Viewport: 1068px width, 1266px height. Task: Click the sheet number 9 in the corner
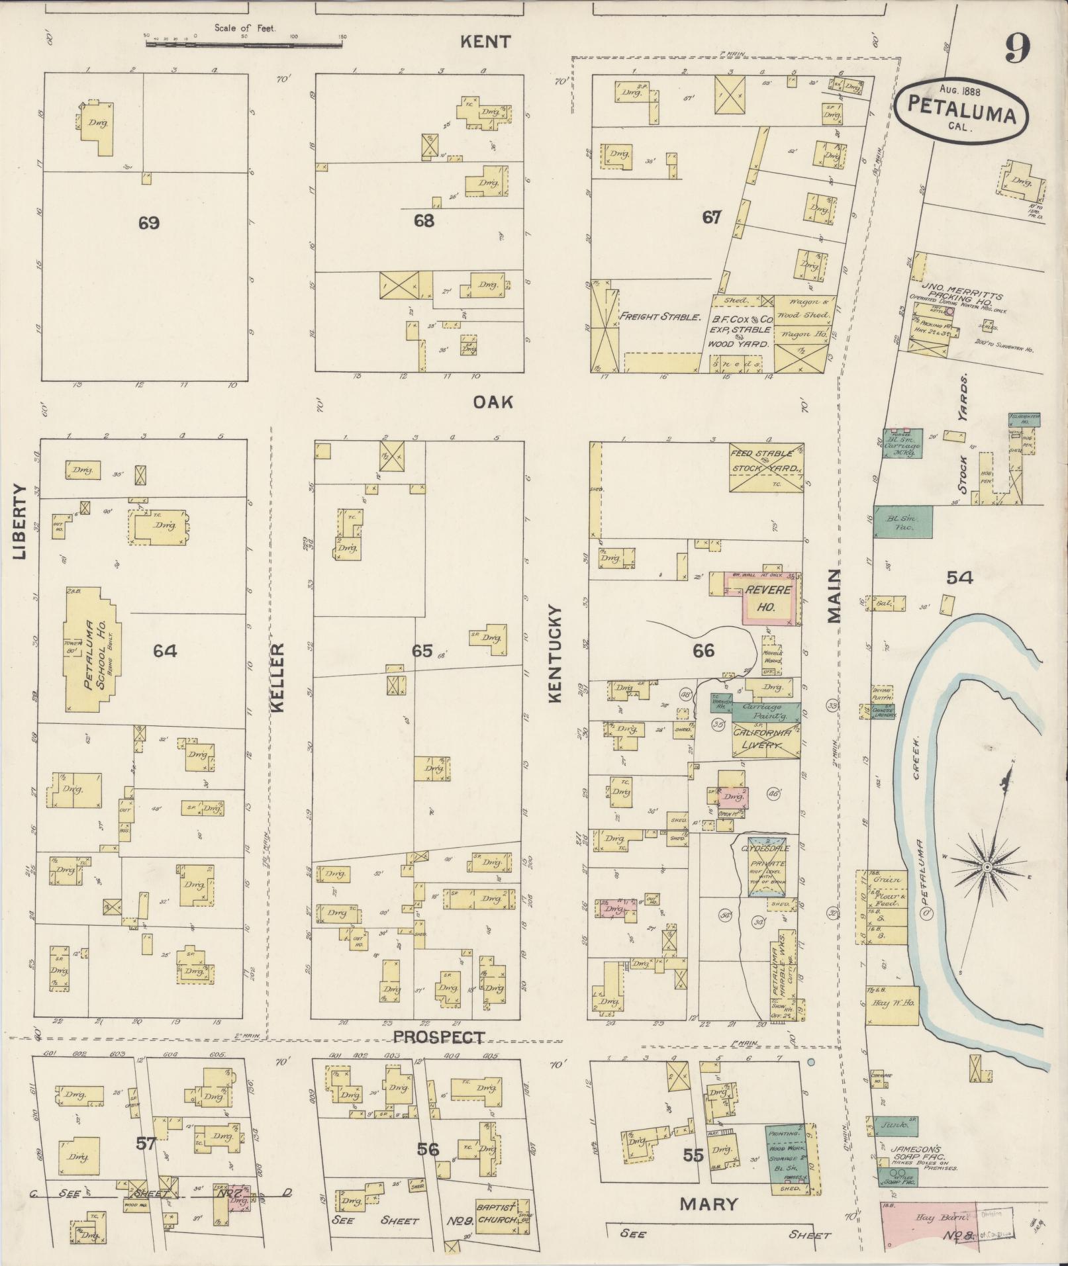pos(1017,48)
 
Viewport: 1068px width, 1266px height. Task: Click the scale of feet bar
pos(244,44)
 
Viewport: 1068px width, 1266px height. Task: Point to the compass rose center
pos(986,866)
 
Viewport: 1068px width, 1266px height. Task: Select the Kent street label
pos(485,42)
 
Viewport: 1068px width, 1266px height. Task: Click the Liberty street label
pos(19,521)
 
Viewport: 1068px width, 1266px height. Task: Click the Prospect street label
pos(439,1037)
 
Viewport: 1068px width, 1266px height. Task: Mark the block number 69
pos(148,223)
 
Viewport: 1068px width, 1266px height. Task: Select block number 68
pos(424,220)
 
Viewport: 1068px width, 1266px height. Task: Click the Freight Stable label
pos(659,317)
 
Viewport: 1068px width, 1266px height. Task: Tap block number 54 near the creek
pos(959,578)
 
